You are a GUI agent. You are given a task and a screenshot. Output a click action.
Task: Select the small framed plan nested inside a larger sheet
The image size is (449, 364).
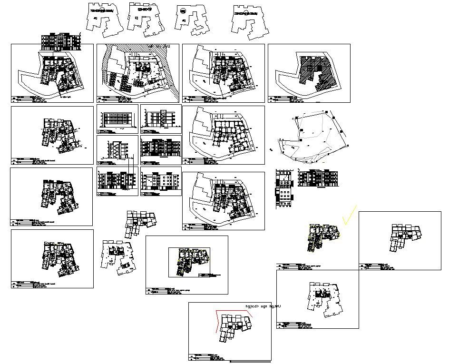pos(189,262)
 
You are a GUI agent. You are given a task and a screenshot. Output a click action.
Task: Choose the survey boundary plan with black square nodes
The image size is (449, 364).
pos(314,136)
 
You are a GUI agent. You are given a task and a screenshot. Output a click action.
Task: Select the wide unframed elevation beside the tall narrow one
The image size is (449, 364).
pos(318,178)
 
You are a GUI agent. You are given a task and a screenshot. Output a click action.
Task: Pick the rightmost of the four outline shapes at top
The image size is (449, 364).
pos(250,21)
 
